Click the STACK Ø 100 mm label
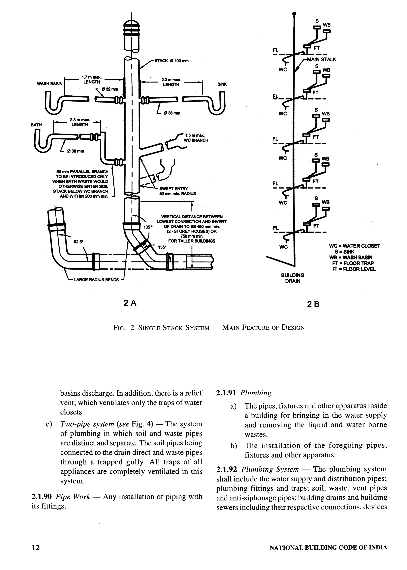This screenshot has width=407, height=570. tap(172, 61)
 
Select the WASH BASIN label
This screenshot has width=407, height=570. tap(50, 84)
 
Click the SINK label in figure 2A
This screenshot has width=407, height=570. tap(222, 84)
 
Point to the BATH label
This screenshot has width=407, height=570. tap(36, 125)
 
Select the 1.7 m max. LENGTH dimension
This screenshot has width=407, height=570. tap(91, 80)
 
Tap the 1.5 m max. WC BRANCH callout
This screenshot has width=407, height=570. tap(196, 138)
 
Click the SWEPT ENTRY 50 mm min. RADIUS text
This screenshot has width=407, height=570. tap(177, 191)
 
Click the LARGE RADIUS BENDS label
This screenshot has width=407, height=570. tap(96, 280)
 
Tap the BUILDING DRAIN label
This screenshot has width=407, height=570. tap(293, 278)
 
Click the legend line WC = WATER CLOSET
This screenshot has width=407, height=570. tap(354, 246)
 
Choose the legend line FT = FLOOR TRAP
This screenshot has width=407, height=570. tap(353, 263)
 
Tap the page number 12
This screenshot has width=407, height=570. tap(36, 548)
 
